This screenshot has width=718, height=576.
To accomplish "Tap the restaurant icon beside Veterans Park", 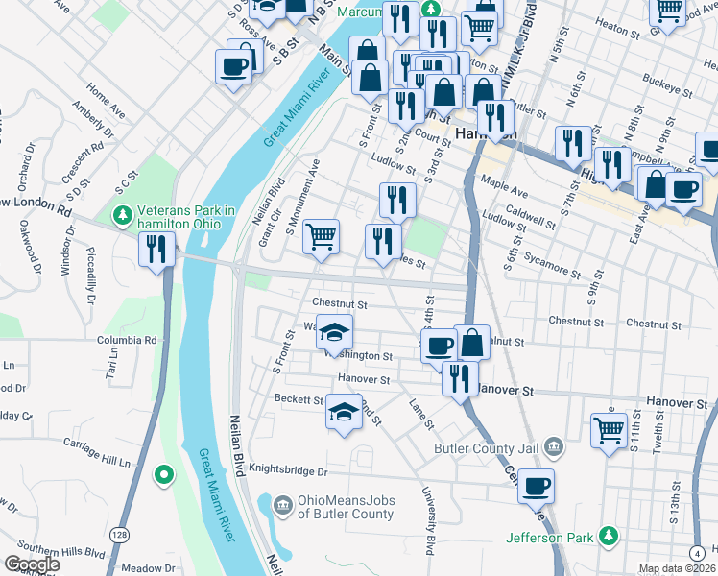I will pos(155,251).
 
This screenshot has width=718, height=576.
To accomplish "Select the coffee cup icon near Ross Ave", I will pos(235,66).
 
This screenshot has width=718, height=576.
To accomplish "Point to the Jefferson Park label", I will pos(550,537).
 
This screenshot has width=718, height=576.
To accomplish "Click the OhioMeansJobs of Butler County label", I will pos(345,507).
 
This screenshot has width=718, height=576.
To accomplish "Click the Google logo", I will pos(32,564).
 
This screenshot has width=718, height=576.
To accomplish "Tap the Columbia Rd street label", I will pos(126,340).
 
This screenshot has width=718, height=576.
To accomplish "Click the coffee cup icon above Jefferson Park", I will pos(536,486).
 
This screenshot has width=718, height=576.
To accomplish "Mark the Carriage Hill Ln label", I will pos(96,463).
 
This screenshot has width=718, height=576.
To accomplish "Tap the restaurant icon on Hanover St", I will pos(460,377).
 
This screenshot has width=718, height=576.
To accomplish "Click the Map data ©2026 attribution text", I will pos(676,568).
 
